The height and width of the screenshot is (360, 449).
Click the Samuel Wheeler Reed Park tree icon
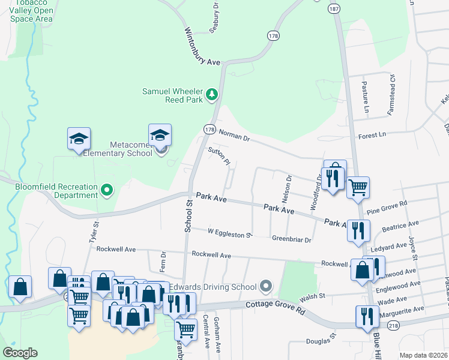click(211, 94)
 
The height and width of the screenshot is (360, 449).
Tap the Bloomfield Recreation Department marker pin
click(107, 190)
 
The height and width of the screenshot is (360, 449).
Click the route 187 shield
click(334, 9)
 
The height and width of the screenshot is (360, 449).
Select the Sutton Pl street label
click(218, 156)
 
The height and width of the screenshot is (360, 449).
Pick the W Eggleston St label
click(229, 233)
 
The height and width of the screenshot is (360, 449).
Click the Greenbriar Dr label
click(292, 239)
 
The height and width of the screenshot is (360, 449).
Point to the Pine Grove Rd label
click(387, 207)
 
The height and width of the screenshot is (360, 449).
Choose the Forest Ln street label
click(372, 136)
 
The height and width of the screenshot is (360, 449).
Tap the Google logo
click(20, 353)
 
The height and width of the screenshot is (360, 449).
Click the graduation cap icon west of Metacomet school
click(79, 139)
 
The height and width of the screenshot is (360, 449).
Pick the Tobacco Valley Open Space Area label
click(32, 11)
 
